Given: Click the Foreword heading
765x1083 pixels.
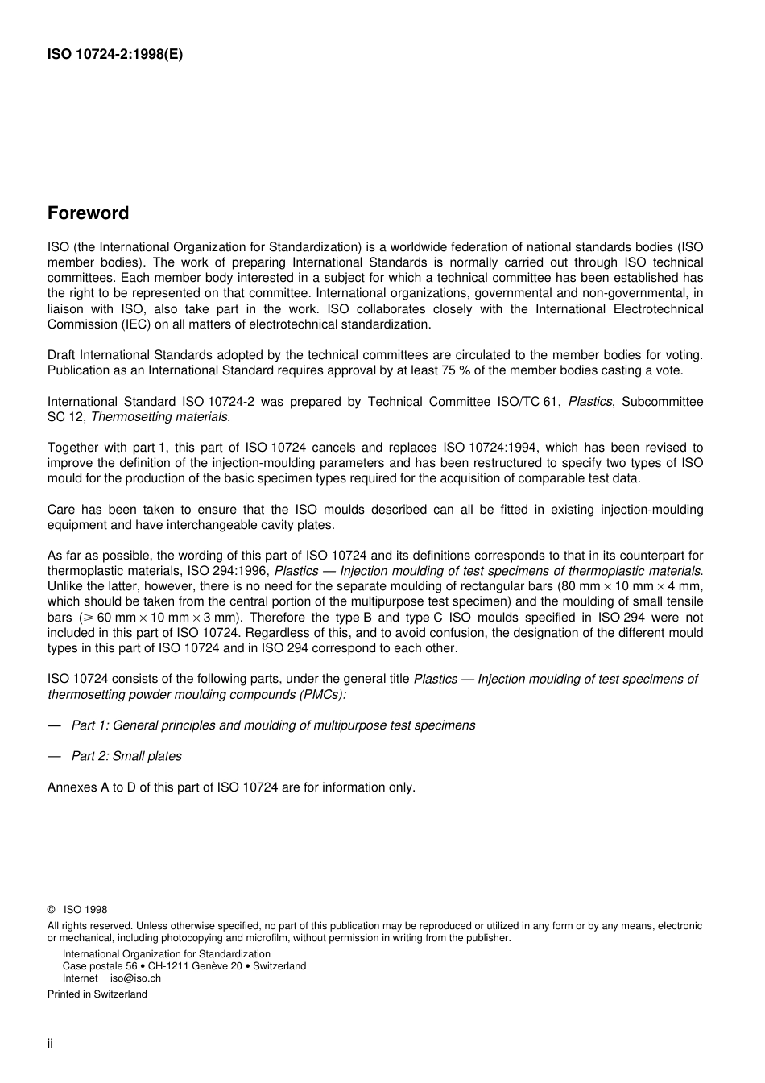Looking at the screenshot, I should (x=88, y=213).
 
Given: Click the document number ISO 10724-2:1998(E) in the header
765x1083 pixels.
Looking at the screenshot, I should (x=115, y=56).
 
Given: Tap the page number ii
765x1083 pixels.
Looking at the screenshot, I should (x=50, y=1044).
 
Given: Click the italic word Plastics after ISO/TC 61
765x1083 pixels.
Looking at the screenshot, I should (x=589, y=402).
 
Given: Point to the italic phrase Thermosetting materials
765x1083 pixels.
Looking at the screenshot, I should (x=159, y=417).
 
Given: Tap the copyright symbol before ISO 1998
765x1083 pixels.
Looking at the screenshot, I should (x=52, y=910).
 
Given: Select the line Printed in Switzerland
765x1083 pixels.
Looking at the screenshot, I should (x=97, y=994).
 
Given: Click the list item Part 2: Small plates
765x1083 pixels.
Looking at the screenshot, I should (x=126, y=756).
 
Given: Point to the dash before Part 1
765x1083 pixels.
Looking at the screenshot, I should (x=54, y=725).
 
